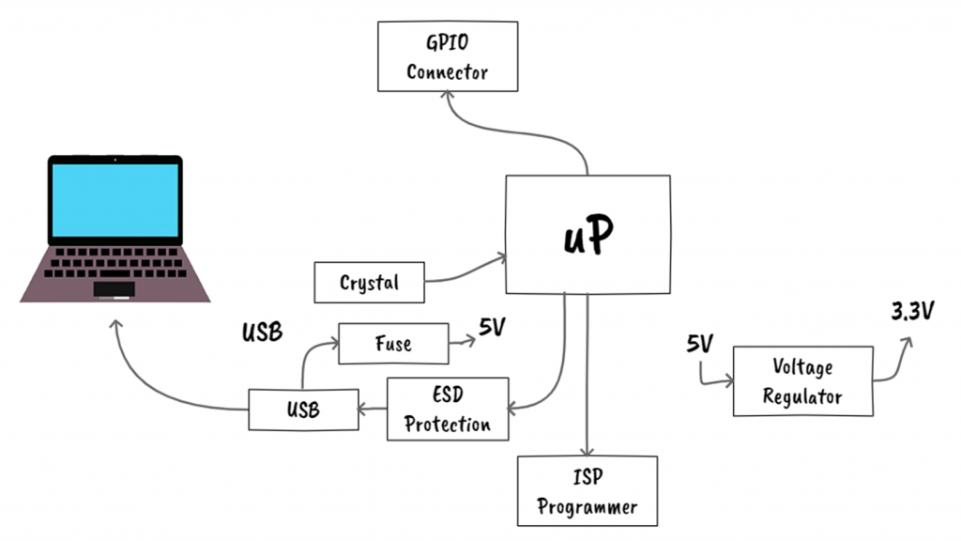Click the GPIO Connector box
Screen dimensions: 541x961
448,57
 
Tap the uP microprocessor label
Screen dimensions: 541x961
588,236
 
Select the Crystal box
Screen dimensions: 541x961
369,283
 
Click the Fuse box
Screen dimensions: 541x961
392,344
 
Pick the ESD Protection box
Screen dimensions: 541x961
448,410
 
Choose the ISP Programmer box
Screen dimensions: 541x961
587,491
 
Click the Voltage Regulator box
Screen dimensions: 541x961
802,381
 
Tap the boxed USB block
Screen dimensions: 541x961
303,410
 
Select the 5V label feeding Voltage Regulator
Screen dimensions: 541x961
699,344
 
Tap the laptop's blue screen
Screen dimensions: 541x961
114,200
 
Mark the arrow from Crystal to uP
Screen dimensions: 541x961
465,273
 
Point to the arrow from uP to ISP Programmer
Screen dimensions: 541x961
587,376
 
